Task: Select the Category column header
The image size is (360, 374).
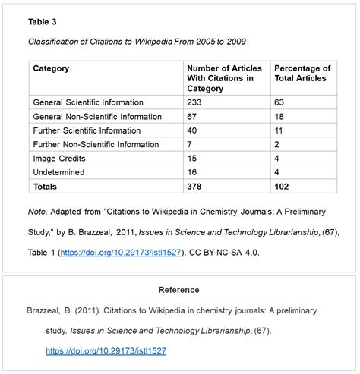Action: (x=51, y=68)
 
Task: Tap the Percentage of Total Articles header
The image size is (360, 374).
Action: (x=302, y=74)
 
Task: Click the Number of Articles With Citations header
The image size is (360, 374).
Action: (x=224, y=78)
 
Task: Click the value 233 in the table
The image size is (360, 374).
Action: (x=194, y=102)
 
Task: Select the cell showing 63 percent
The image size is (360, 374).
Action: (x=279, y=102)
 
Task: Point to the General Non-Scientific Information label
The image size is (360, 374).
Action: (x=97, y=116)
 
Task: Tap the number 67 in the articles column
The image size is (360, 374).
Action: (x=192, y=116)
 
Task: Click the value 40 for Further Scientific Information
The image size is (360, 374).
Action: (x=192, y=130)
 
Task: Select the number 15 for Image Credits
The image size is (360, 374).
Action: (x=192, y=158)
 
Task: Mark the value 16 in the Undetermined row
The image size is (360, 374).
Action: (x=192, y=171)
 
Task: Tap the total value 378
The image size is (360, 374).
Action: (x=195, y=186)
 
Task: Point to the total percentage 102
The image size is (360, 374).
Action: (x=283, y=186)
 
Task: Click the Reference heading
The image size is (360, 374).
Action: (x=178, y=290)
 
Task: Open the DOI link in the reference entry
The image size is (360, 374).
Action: (x=106, y=351)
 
